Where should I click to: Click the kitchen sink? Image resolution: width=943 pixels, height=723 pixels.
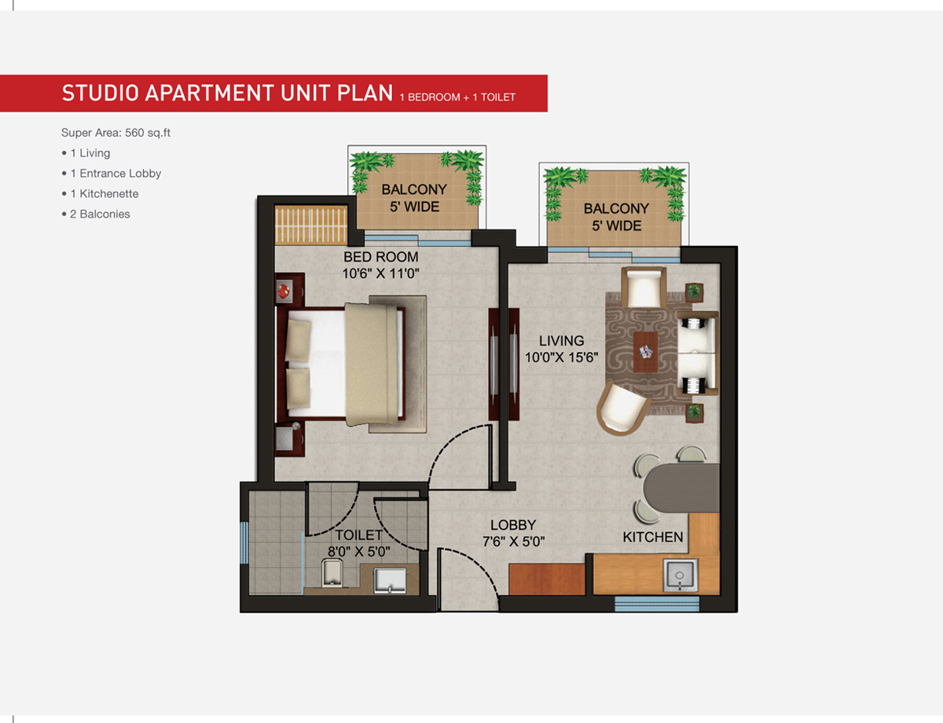click(680, 575)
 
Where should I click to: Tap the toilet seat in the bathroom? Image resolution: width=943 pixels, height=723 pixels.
click(332, 572)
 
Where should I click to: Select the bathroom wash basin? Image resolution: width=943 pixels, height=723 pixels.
click(390, 580)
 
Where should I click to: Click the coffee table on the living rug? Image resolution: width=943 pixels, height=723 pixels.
click(645, 351)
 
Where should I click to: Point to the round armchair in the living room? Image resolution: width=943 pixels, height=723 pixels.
click(622, 408)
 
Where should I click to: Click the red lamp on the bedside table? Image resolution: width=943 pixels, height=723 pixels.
click(284, 290)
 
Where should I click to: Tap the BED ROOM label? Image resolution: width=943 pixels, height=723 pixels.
click(381, 257)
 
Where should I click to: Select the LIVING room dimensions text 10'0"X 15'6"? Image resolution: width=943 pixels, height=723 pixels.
click(562, 358)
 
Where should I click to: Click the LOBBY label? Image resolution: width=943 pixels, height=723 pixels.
click(513, 525)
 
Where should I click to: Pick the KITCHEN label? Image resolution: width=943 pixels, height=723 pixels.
click(653, 538)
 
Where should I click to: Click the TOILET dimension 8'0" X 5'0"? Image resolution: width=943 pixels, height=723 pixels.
click(359, 552)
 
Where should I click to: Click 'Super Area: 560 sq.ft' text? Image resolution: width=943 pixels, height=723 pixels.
click(116, 133)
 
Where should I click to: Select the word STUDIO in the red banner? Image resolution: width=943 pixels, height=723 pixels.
click(101, 94)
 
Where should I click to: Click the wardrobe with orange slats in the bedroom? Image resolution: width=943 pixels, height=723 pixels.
click(311, 225)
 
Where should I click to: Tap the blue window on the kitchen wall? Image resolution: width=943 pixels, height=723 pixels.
click(657, 604)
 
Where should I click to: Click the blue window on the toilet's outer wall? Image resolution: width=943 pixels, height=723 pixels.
click(244, 542)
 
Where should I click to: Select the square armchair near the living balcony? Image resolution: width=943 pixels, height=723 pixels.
click(644, 288)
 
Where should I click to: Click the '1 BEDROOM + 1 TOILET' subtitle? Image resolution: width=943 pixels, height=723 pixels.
click(457, 97)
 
